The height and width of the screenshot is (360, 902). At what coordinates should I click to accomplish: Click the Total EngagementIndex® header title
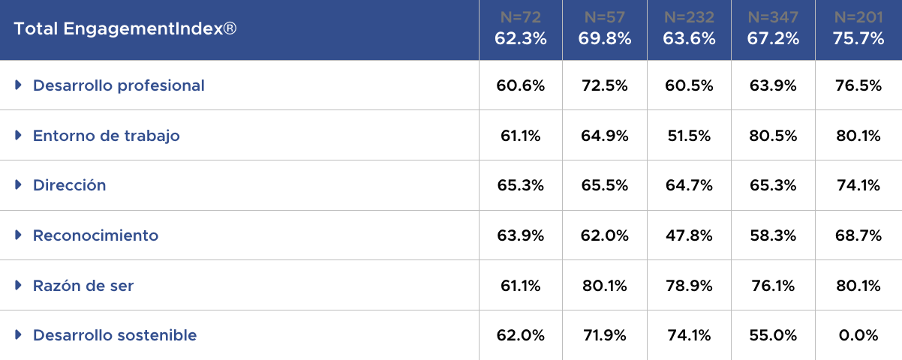point(126,29)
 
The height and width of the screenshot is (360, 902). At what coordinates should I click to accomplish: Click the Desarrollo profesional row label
point(119,85)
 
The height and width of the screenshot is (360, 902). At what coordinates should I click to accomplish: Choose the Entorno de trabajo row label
point(107,136)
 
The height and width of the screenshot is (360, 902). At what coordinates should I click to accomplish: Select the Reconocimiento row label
point(96,235)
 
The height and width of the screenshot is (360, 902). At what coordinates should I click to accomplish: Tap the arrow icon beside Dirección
point(19,185)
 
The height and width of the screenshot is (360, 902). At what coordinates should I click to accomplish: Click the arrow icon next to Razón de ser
point(19,286)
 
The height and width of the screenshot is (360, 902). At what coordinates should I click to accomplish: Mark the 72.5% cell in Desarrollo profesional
point(605,85)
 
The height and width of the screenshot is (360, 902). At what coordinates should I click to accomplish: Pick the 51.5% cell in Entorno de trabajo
point(689,136)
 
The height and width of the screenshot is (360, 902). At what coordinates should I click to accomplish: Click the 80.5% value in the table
point(773,136)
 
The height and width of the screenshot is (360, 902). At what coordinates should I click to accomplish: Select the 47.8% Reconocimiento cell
point(689,235)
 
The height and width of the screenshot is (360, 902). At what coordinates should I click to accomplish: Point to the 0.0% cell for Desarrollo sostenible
point(858,335)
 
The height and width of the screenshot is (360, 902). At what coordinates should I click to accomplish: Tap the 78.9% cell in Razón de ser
point(689,286)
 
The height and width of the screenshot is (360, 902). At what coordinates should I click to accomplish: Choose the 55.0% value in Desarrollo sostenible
point(773,335)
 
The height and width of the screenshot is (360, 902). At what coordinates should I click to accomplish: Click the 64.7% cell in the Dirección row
point(689,185)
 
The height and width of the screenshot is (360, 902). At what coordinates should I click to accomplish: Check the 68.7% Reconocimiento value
point(858,235)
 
